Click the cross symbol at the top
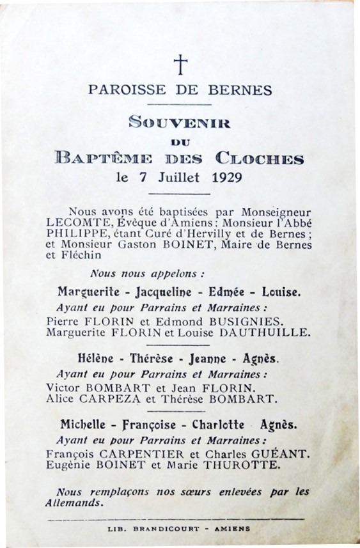182,64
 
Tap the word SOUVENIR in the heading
178,120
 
